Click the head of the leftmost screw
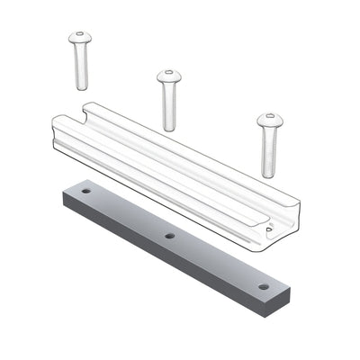(x=80, y=39)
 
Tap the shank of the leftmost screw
(x=81, y=67)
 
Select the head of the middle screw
(x=168, y=76)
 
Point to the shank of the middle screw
(x=169, y=106)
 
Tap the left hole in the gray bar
(x=86, y=191)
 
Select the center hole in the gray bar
(x=169, y=236)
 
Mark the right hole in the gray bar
(x=263, y=286)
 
